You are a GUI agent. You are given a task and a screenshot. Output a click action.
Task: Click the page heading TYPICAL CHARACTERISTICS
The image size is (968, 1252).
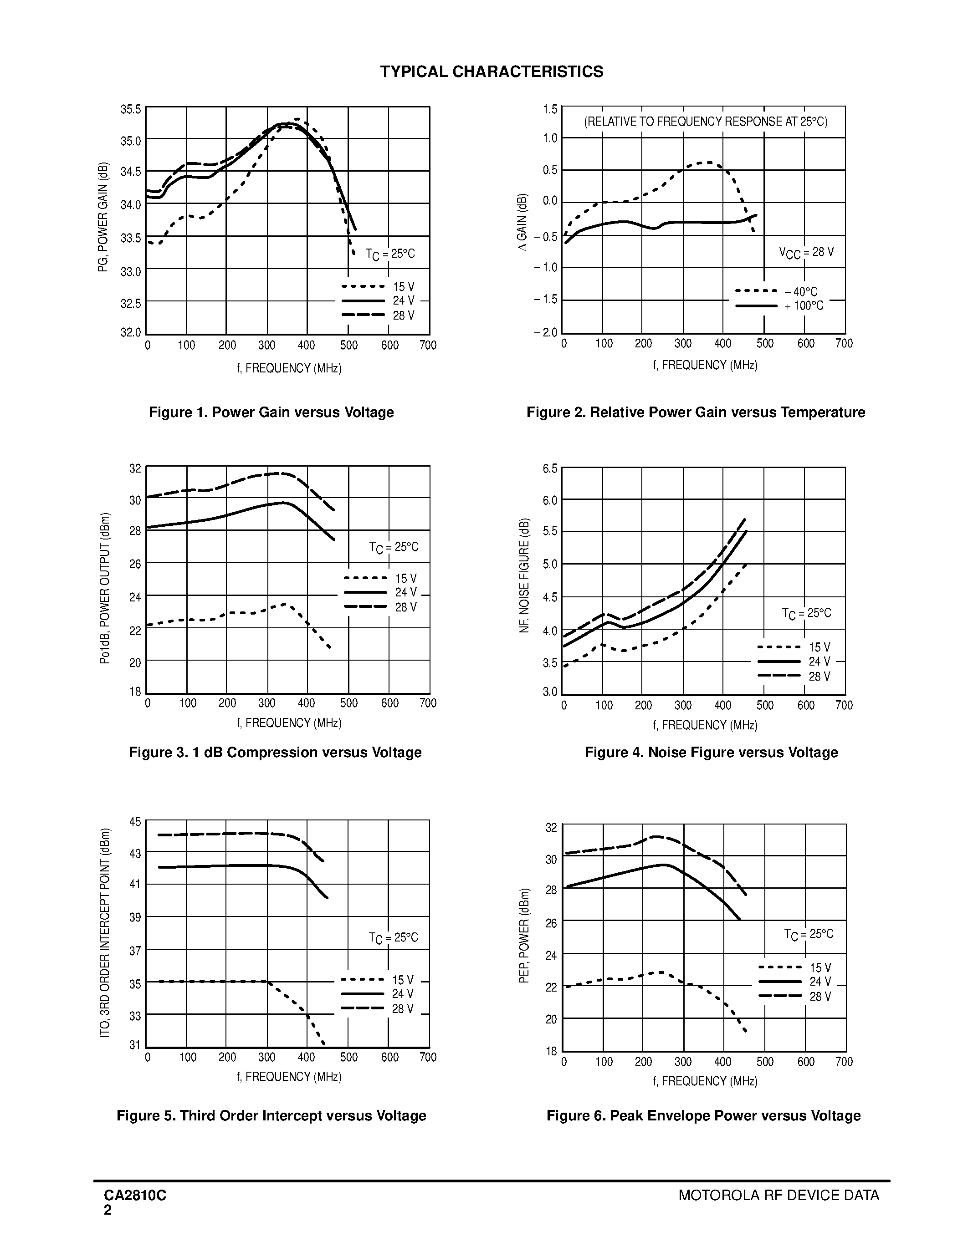point(492,71)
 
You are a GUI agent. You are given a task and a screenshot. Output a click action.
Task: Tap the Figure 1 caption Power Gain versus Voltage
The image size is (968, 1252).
point(271,412)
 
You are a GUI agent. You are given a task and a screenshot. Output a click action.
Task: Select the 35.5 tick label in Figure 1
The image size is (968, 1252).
point(130,109)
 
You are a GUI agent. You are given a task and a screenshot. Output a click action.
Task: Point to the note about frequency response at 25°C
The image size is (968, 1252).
point(705,122)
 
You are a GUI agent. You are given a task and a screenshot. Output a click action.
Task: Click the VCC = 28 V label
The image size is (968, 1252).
point(806,252)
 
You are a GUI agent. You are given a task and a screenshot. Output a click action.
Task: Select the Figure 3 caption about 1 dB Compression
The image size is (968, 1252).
point(275,752)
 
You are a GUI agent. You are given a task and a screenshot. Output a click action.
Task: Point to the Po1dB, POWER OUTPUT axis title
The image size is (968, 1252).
point(104,588)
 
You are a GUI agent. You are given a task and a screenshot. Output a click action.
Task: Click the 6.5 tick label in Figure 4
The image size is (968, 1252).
point(549,468)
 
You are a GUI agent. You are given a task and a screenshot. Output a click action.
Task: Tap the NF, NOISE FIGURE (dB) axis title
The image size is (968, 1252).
point(523,575)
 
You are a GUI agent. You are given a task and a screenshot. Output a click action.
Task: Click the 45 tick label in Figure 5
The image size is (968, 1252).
point(135,821)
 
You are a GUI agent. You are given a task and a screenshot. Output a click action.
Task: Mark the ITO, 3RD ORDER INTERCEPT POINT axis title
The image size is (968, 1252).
point(104,933)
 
